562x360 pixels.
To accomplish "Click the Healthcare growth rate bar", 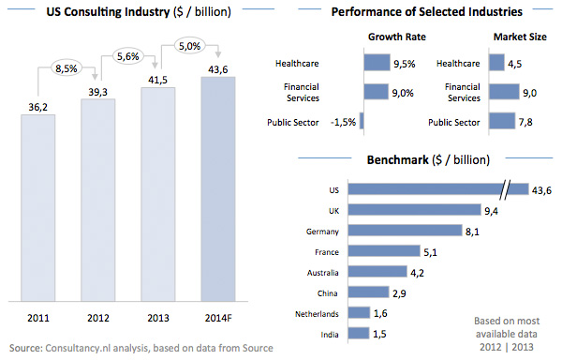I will [375, 64].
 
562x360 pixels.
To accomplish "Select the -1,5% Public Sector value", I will [341, 122].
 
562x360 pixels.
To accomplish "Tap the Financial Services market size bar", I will [504, 92].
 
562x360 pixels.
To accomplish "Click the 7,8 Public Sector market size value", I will [528, 122].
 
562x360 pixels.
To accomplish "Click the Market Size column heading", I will [519, 38].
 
